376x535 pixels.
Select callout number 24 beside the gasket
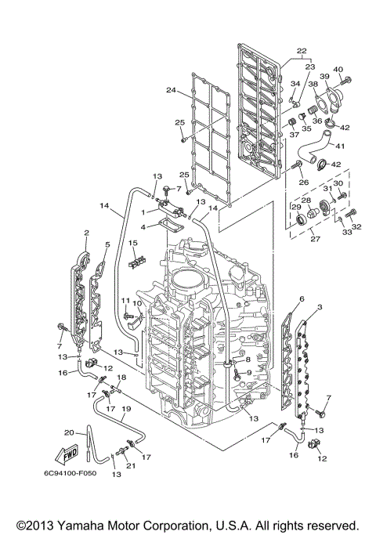coord(171,90)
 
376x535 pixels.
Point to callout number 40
coord(338,70)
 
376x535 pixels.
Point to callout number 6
coord(302,298)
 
